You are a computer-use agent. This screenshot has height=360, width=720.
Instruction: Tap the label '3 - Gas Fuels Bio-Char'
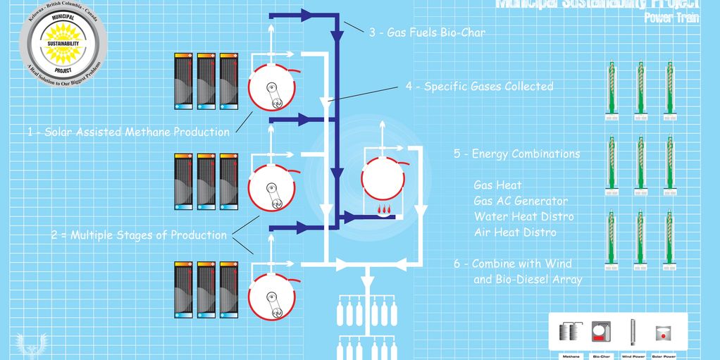coord(427,32)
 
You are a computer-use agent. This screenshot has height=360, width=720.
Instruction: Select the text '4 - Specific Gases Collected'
coord(479,87)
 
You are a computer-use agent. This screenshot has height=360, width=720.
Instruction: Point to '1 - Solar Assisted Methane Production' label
coord(128,132)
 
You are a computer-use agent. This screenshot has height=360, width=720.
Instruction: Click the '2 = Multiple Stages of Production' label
coord(138,235)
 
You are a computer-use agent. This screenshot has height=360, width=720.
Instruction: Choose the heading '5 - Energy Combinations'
coord(517,154)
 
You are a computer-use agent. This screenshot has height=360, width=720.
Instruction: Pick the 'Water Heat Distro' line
coord(524,216)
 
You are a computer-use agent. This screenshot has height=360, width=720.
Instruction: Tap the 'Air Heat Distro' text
coord(515,232)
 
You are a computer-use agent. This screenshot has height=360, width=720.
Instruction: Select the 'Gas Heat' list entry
coord(498,185)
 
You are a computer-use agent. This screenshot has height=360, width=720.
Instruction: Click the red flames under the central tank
coord(384,209)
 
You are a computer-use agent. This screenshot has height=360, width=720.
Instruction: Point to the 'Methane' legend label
coord(571,356)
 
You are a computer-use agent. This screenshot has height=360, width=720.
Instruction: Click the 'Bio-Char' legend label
coord(601,356)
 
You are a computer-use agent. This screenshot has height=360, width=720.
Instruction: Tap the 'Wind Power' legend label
coord(632,356)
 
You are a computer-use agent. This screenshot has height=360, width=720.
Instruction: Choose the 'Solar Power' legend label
coord(662,356)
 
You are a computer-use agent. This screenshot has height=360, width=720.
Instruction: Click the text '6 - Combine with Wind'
coord(512,263)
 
